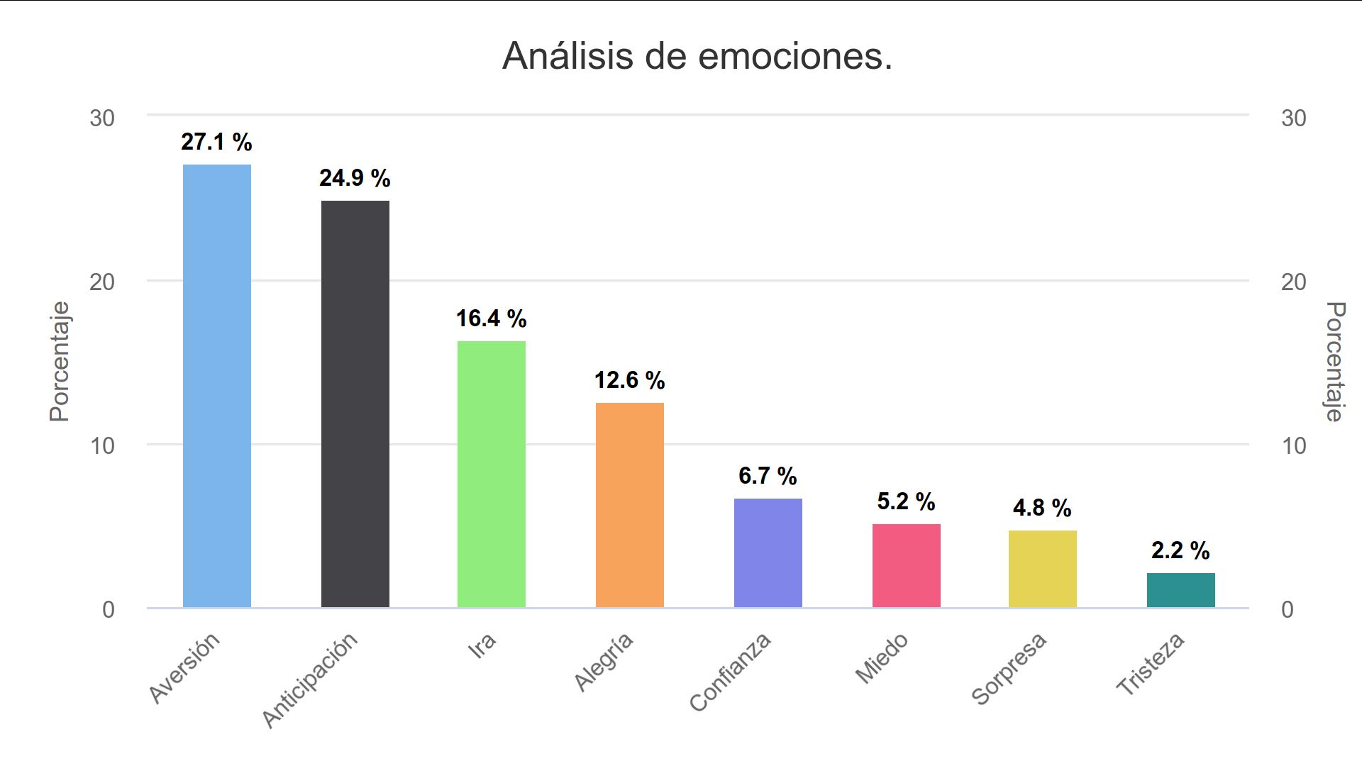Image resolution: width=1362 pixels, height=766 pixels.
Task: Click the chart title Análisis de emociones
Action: coord(697,56)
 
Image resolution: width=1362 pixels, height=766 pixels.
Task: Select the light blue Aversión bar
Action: coord(217,387)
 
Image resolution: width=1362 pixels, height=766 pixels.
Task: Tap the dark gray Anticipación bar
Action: coord(355,404)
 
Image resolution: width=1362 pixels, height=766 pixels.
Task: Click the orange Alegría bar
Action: coord(629,505)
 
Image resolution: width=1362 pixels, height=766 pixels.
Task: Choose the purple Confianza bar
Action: coord(768,553)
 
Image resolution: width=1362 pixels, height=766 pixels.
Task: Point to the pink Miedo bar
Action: coord(906,566)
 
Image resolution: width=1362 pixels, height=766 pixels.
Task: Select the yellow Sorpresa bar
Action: coord(1042,569)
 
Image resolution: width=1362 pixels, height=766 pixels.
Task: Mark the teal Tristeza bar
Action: coord(1180,590)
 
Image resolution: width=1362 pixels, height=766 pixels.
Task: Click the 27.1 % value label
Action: coord(216,143)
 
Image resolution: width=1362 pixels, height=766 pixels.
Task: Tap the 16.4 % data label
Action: coord(491,319)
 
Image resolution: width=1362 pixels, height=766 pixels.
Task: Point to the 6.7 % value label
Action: coord(768,476)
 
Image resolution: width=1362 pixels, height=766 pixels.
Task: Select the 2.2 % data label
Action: coord(1180,550)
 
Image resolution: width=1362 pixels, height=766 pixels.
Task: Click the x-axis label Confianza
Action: coord(731,672)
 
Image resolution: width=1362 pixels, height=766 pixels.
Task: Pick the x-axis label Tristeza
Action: coord(1151,664)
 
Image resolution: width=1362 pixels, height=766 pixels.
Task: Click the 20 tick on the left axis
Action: coord(102,282)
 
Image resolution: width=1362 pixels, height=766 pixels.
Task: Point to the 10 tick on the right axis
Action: coord(1293,446)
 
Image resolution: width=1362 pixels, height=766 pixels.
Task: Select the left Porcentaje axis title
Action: coord(60,362)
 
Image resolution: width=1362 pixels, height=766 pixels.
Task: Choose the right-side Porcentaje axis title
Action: coord(1335,362)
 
